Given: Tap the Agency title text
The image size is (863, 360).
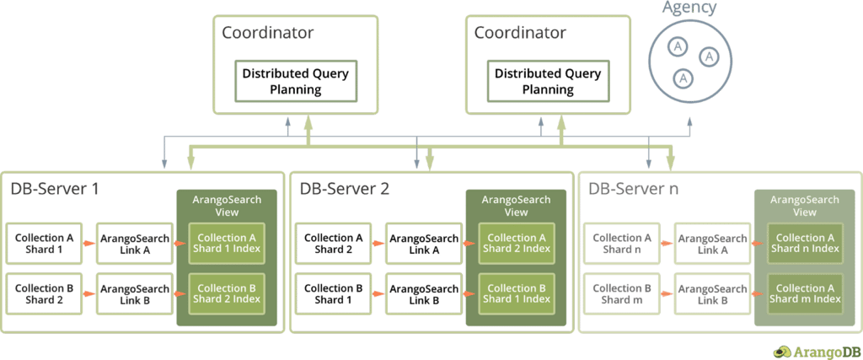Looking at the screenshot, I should pos(689,8).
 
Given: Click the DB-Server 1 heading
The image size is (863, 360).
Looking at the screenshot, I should pos(55,188).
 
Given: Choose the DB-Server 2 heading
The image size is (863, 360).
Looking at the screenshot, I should pos(344,188).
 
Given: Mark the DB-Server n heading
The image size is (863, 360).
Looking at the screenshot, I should pos(633,188).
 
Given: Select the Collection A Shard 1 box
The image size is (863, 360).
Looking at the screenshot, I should pos(45,244).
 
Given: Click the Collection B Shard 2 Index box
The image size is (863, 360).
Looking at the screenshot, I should pos(227,293).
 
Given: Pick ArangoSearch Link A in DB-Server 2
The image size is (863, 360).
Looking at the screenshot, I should pos(422,244).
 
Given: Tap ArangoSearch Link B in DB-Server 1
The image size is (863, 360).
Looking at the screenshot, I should pos(134,293).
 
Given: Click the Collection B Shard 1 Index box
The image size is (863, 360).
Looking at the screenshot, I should pos(516,293).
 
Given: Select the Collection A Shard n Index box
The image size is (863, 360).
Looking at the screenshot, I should pos(805,244).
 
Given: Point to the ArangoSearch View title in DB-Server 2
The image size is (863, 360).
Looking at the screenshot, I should pos(516,206).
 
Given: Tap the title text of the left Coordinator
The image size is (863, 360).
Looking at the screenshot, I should pos(267,34).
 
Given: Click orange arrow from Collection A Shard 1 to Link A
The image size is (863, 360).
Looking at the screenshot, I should pos(88,244).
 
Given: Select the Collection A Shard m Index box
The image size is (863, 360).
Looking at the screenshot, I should pos(805,293).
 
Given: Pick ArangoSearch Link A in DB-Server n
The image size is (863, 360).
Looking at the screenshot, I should pos(712,244).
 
